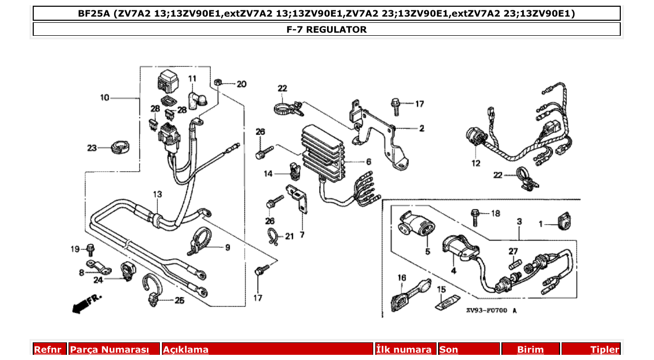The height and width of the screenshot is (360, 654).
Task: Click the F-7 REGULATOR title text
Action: click(326, 30)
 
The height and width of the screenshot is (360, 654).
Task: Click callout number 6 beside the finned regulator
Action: click(368, 162)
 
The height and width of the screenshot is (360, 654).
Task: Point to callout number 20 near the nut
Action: click(242, 84)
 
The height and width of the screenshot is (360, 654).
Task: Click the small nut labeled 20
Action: click(219, 82)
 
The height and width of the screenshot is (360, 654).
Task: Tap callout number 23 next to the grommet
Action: click(92, 148)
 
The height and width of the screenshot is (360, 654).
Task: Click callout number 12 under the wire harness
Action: click(476, 163)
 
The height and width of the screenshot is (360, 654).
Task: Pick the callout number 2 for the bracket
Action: click(421, 128)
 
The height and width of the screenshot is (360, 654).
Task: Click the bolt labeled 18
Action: click(475, 216)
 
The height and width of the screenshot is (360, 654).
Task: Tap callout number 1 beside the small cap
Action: click(540, 224)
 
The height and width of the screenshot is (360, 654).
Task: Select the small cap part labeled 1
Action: click(562, 221)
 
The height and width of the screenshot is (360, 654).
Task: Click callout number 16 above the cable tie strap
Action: click(401, 278)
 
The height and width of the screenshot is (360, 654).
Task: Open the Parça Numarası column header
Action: click(109, 350)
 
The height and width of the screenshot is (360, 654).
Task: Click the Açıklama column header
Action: click(186, 350)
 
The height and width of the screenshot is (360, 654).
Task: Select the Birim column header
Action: click(530, 350)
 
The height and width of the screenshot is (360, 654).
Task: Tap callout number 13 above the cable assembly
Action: click(157, 194)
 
